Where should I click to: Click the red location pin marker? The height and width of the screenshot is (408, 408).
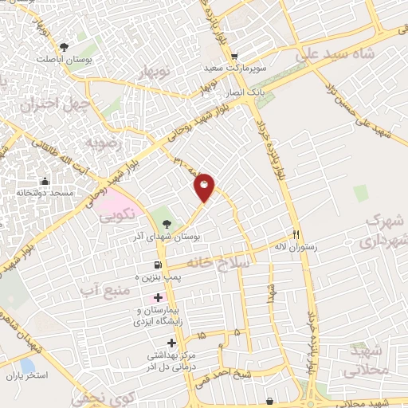point(205,187)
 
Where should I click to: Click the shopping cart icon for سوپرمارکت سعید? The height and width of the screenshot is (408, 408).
point(233,57)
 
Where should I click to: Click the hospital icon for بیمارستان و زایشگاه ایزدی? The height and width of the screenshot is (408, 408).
point(158,297)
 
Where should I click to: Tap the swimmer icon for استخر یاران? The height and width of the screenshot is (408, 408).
point(12,375)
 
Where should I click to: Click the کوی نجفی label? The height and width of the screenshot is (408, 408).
point(92,396)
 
